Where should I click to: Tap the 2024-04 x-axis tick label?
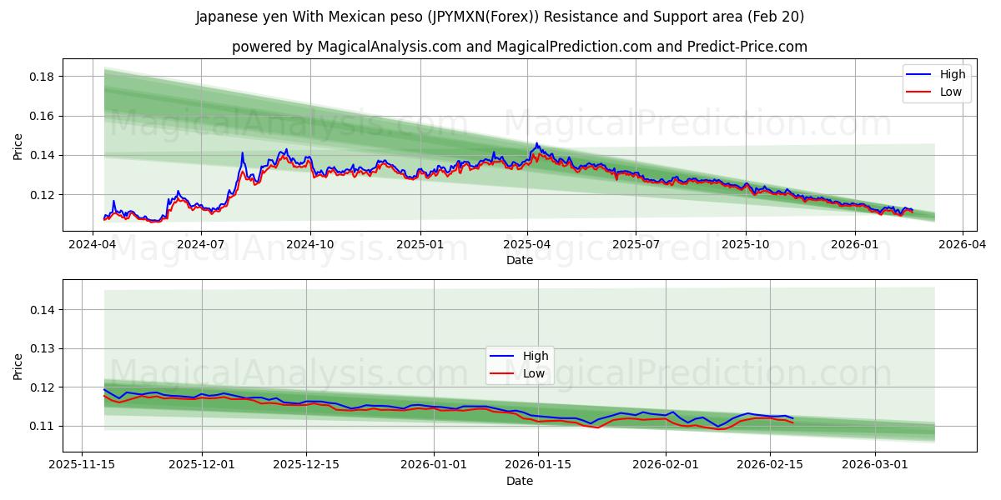tap(93, 245)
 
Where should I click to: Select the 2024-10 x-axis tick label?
tap(310, 245)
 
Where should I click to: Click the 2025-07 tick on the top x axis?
tap(636, 245)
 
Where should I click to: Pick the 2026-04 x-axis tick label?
tap(963, 245)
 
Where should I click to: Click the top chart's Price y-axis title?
tap(18, 147)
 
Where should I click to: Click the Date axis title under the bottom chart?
tap(519, 481)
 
